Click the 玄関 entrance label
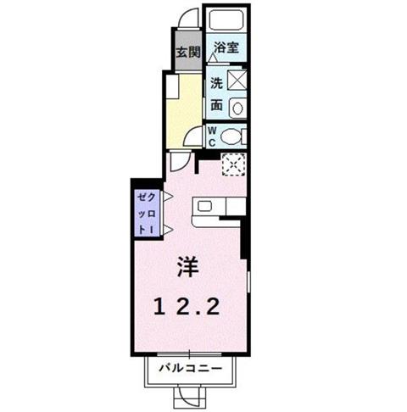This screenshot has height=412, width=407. [x=188, y=53]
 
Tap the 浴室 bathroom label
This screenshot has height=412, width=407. [x=226, y=47]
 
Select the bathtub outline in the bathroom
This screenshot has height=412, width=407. [x=226, y=19]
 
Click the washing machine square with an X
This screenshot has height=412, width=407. [x=237, y=80]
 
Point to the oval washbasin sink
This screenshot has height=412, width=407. [x=237, y=109]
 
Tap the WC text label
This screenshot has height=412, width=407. [x=212, y=136]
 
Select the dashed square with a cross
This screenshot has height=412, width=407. [x=234, y=164]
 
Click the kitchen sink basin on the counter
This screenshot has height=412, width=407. [x=205, y=206]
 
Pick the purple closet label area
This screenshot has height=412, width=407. [x=147, y=213]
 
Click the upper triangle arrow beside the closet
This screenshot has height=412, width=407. [x=168, y=197]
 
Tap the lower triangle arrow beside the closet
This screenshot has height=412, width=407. [x=168, y=230]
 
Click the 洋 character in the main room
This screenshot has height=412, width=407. [x=187, y=267]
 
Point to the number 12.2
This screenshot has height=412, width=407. [x=187, y=307]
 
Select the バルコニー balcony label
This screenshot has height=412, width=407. [x=190, y=368]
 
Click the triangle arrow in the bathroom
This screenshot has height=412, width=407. [x=213, y=58]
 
